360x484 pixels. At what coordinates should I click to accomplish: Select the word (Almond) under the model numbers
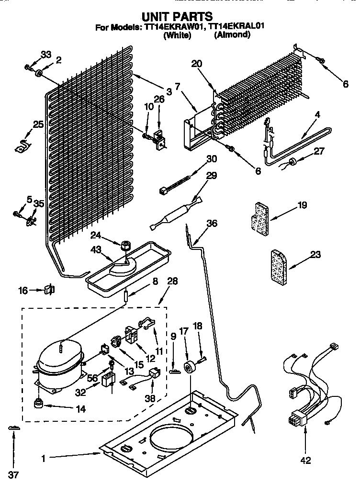click(232, 35)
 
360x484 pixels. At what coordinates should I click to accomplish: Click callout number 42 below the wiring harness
click(305, 460)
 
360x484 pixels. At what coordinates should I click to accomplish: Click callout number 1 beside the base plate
click(43, 459)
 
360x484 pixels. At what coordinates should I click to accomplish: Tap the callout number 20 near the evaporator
click(197, 64)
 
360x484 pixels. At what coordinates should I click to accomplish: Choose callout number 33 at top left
click(45, 55)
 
